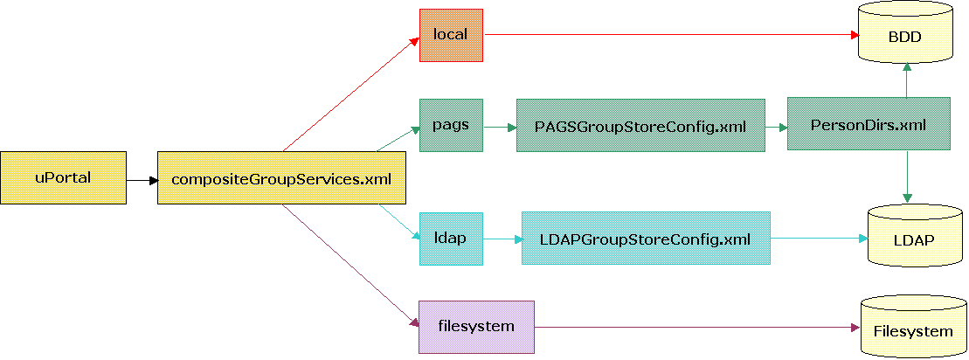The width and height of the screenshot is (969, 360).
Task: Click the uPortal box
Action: coord(63,178)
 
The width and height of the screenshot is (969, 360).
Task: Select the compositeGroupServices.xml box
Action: coord(281,178)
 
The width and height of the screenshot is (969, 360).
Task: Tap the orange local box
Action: coord(451,35)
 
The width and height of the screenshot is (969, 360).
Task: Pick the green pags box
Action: coord(451,124)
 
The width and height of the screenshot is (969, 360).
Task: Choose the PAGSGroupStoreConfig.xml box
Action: coord(640,125)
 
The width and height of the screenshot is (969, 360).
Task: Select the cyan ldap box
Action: coord(451,238)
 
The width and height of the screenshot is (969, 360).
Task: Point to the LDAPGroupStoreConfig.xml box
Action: coord(645,238)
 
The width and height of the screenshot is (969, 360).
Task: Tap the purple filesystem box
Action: coord(475,327)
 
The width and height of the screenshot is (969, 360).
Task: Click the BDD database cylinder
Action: coord(904,35)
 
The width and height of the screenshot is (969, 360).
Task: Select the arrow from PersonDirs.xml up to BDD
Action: coord(908,80)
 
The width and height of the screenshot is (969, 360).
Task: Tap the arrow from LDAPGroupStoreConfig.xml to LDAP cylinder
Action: coord(818,237)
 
